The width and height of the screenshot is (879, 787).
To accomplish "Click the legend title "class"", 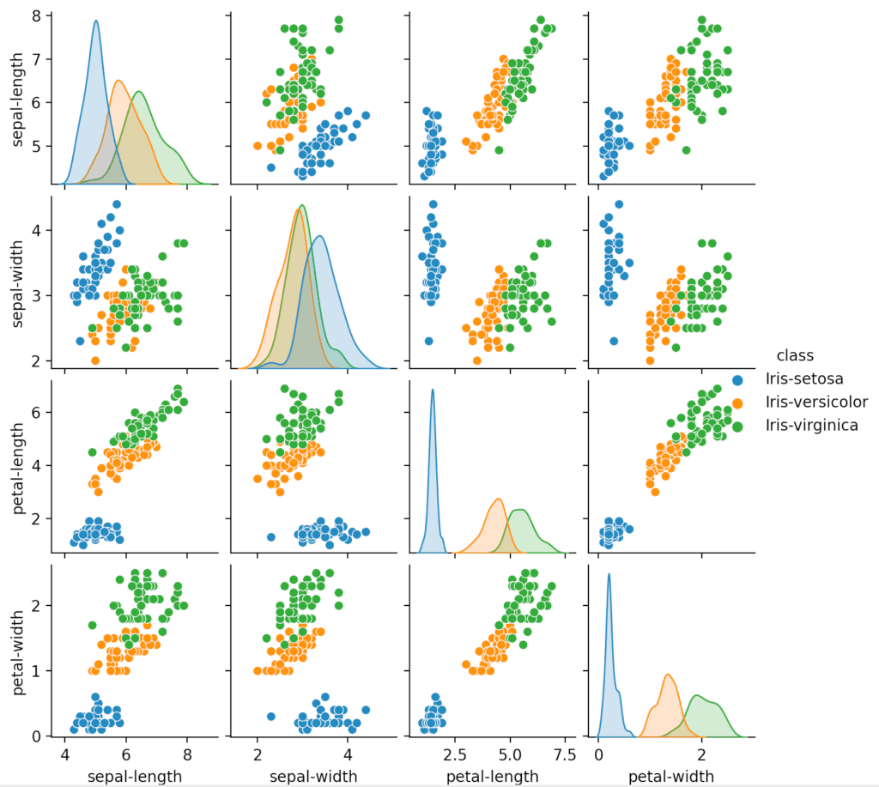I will tap(795, 354).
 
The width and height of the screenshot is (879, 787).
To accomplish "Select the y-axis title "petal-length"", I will tap(16, 464).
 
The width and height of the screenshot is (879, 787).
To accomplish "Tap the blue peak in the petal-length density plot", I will tap(433, 390).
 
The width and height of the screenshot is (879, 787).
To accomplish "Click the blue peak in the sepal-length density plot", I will tap(95, 21).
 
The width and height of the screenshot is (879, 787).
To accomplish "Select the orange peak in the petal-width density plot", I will tap(668, 675).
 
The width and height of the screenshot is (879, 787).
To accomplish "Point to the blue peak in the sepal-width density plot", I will tap(319, 236).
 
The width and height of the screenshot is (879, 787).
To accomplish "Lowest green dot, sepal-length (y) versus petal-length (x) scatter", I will tap(499, 150).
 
